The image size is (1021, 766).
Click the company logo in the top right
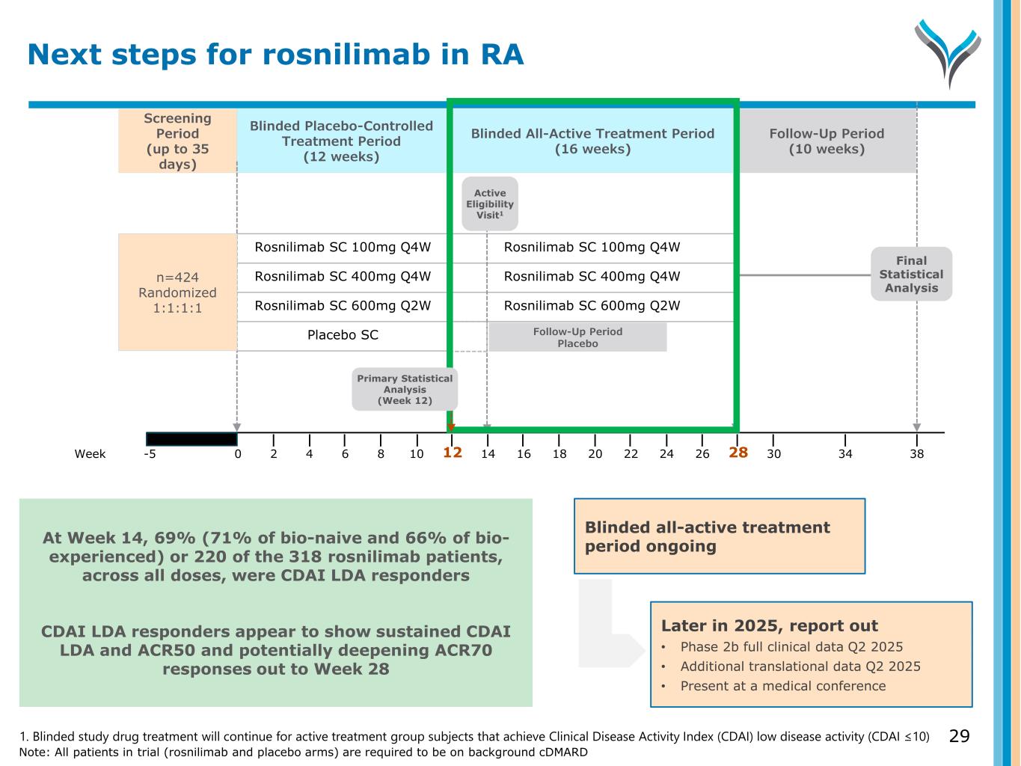(x=948, y=53)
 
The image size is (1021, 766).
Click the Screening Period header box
(x=177, y=141)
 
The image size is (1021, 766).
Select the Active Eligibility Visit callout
(x=490, y=203)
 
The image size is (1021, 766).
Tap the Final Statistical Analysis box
(x=911, y=275)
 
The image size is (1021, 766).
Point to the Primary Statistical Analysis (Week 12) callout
(x=405, y=389)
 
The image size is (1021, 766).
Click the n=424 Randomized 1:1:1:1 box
(x=177, y=292)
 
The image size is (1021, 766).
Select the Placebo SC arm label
(x=343, y=335)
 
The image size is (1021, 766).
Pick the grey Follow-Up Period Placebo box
(x=577, y=337)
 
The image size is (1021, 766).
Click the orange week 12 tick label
(x=453, y=453)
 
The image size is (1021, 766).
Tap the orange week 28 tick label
(x=738, y=453)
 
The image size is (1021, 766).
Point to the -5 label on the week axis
(x=150, y=454)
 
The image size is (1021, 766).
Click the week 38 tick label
(x=916, y=454)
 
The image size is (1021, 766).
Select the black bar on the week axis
(x=191, y=439)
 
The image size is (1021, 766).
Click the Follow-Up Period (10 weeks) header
(x=827, y=141)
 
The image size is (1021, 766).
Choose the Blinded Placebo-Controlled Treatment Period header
(x=341, y=141)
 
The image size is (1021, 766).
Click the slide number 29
(x=959, y=736)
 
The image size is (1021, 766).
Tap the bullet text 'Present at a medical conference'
(x=782, y=686)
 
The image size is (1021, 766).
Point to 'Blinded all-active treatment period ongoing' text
(x=707, y=536)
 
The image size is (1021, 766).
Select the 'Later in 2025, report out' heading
(x=769, y=626)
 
